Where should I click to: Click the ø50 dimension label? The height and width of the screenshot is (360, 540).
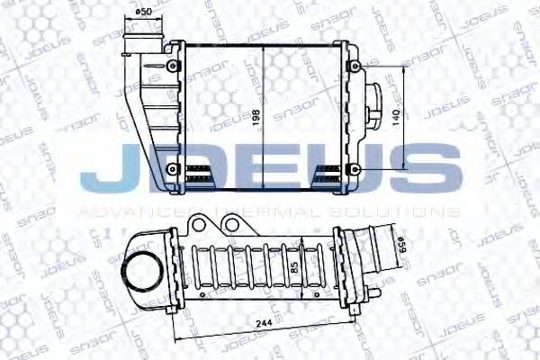[142, 12]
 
